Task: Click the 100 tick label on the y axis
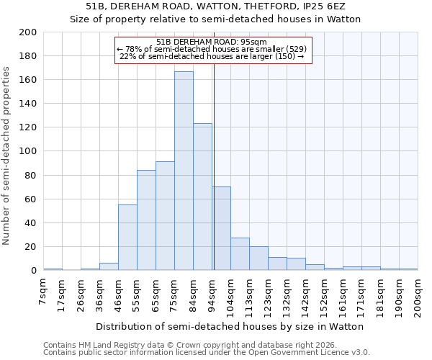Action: pos(28,152)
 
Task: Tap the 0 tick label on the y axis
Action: pos(34,271)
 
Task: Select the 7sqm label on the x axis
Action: pos(44,288)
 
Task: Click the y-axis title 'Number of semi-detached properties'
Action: pos(7,156)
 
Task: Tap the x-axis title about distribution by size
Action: pos(230,327)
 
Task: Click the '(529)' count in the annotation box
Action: pos(296,49)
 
